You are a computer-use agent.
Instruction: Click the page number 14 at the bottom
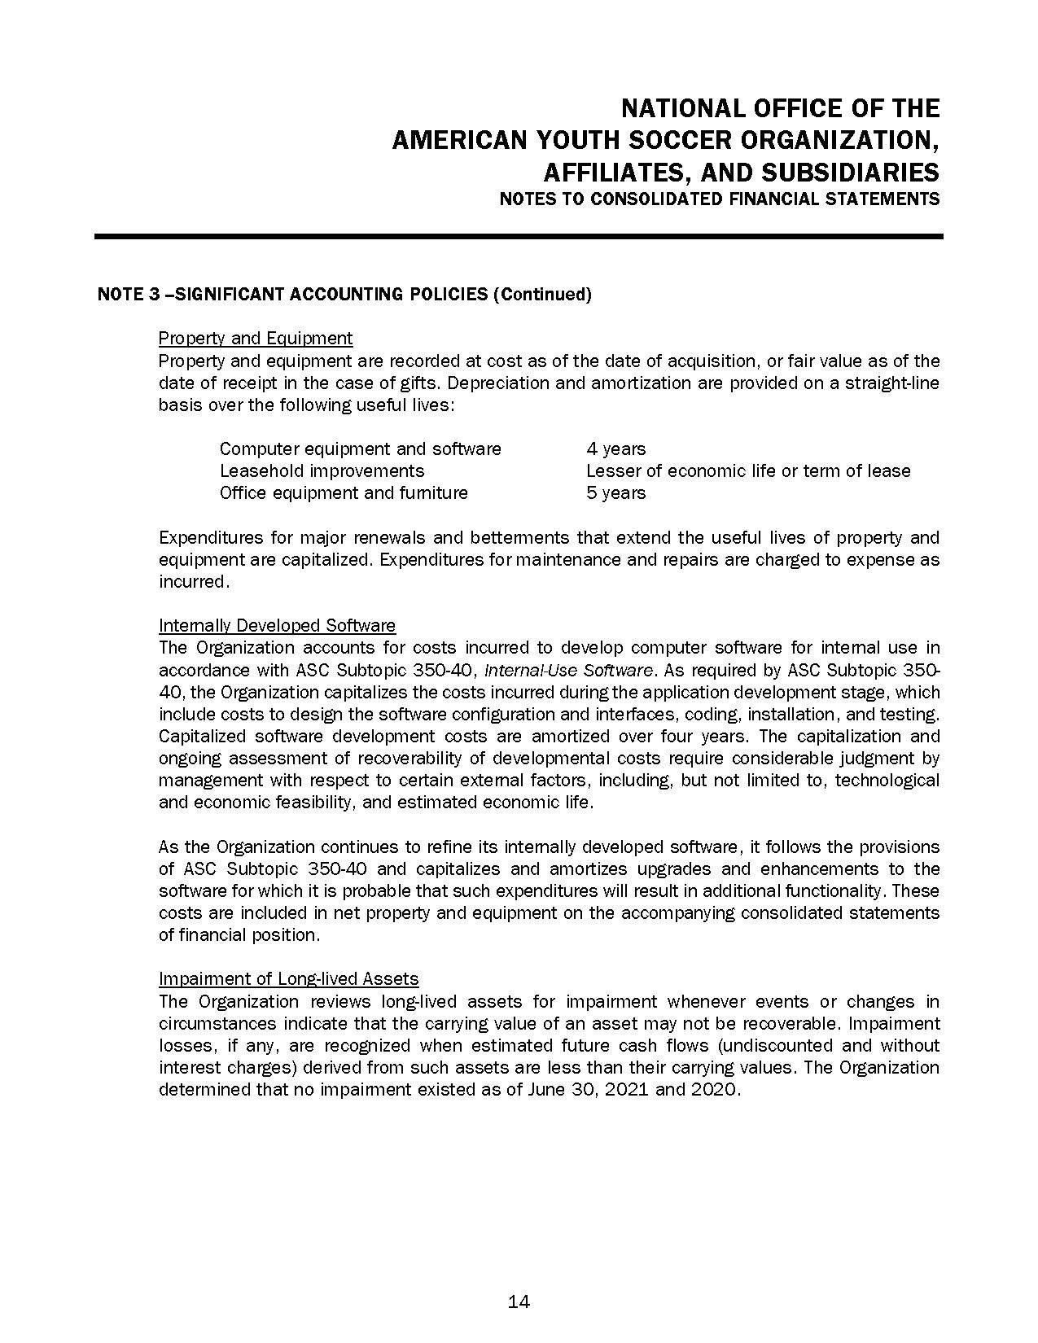coord(519,1302)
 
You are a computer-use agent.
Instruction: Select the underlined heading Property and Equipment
coord(256,339)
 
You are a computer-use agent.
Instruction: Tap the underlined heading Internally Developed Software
coord(277,626)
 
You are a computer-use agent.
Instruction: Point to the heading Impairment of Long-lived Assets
coord(288,979)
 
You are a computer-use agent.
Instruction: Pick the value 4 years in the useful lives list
coord(615,449)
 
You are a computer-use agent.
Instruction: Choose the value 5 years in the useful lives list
coord(615,493)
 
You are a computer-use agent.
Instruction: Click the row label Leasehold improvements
coord(322,471)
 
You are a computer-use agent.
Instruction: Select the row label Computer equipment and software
coord(360,449)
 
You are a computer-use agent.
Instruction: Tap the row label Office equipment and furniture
coord(344,493)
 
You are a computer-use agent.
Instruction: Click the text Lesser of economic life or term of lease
coord(748,471)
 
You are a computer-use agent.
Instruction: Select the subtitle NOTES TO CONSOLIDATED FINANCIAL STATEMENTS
coord(719,199)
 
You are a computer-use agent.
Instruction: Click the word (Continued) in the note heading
coord(542,295)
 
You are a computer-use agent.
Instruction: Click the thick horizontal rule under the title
coord(519,237)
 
